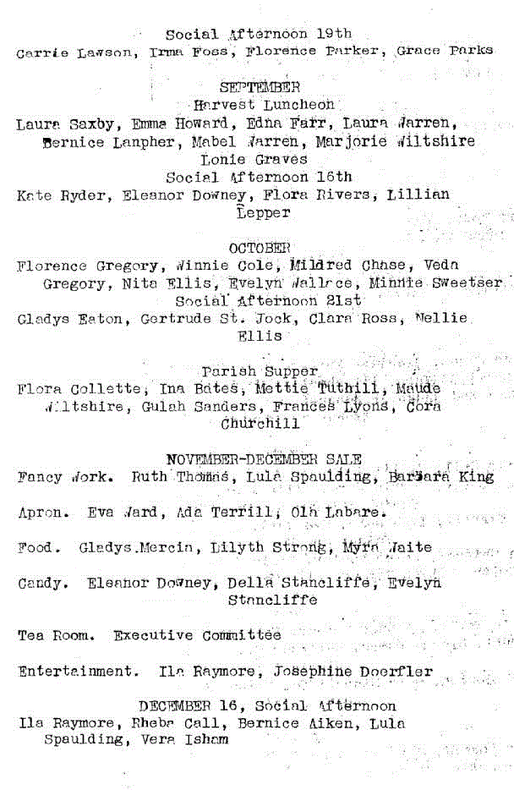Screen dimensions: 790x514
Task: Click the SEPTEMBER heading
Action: [259, 87]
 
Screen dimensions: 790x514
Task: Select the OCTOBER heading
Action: [260, 248]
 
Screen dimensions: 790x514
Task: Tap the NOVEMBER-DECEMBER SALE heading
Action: [265, 459]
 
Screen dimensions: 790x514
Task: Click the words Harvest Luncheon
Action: [263, 105]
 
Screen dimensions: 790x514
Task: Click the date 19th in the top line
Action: [334, 34]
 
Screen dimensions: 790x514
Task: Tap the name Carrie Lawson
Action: [74, 52]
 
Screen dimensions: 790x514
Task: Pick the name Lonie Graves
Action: [254, 159]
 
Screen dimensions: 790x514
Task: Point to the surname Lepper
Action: [264, 213]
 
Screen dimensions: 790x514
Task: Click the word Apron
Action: [39, 513]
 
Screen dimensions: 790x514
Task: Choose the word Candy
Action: [39, 584]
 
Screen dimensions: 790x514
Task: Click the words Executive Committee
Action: [197, 635]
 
